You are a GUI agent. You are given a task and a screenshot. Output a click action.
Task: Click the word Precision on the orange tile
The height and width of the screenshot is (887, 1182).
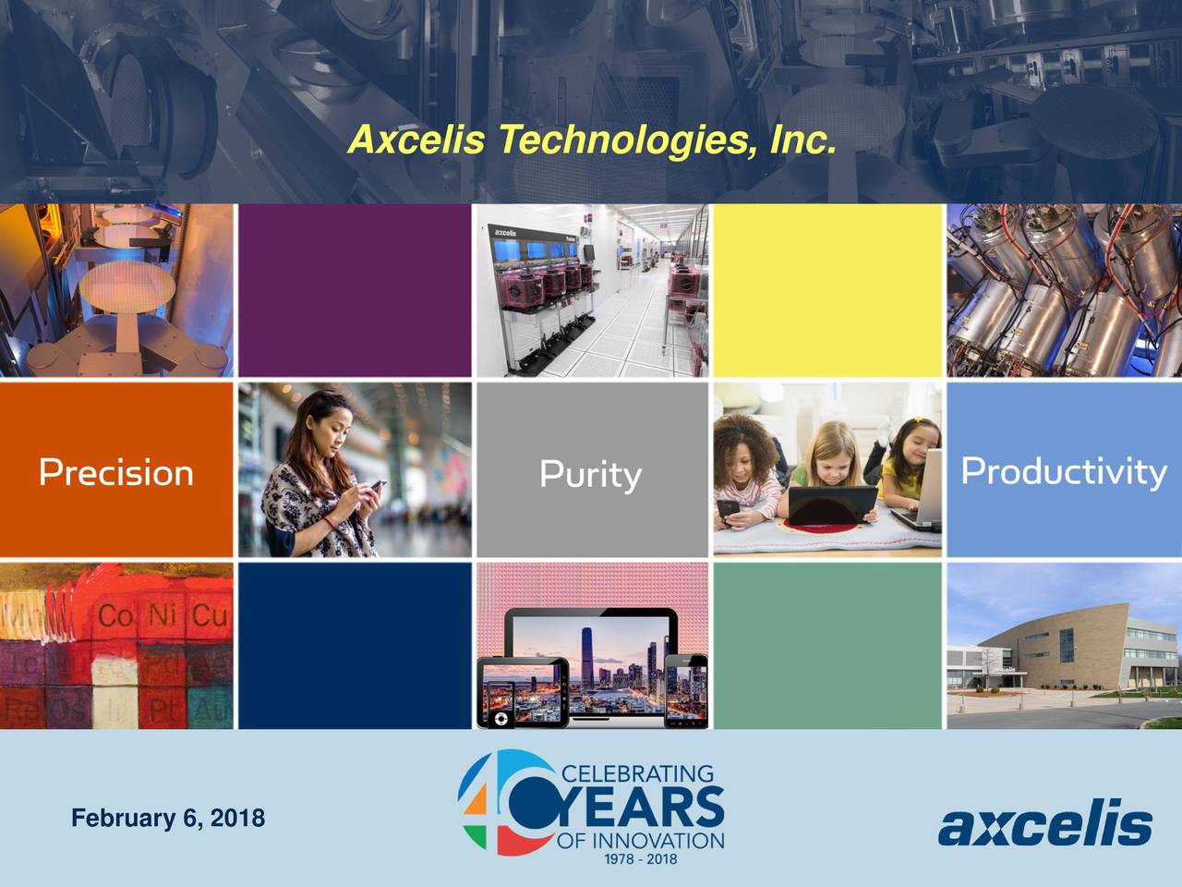pyautogui.click(x=116, y=472)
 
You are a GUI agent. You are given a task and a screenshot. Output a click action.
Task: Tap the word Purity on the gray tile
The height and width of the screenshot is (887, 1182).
pyautogui.click(x=590, y=475)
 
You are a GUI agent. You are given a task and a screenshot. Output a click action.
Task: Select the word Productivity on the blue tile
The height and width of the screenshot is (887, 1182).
pyautogui.click(x=1064, y=471)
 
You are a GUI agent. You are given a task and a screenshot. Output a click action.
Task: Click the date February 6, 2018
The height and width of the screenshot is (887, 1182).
pyautogui.click(x=168, y=819)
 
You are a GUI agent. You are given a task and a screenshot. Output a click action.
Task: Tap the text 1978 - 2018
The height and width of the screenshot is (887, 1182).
pyautogui.click(x=640, y=859)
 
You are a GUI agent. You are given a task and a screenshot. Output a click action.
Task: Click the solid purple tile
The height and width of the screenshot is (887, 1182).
pyautogui.click(x=355, y=290)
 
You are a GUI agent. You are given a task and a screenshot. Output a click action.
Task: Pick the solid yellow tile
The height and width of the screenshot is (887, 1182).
pyautogui.click(x=827, y=290)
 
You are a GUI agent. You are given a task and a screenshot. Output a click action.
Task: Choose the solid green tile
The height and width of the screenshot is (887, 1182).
pyautogui.click(x=827, y=645)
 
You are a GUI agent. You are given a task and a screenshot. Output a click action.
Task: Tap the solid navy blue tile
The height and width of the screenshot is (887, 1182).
pyautogui.click(x=355, y=645)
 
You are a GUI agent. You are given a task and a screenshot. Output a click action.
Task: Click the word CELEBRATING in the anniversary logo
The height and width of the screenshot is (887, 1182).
pyautogui.click(x=637, y=773)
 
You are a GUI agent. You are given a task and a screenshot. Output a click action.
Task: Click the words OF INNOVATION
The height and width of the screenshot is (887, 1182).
pyautogui.click(x=640, y=841)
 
